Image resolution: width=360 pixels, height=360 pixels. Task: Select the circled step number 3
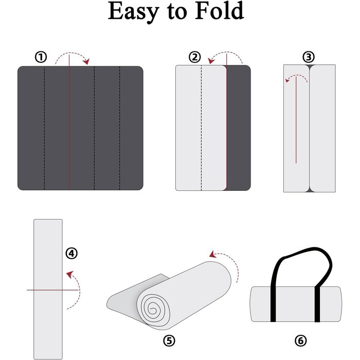tap(309, 57)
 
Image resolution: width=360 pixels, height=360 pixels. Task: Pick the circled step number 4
tap(71, 253)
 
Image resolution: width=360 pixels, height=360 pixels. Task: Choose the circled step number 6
tap(301, 340)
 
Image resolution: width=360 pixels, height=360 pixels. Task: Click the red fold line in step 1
tap(69, 129)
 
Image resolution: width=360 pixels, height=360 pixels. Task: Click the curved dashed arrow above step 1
tap(72, 55)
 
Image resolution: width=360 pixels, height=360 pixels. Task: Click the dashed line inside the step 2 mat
tap(201, 129)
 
